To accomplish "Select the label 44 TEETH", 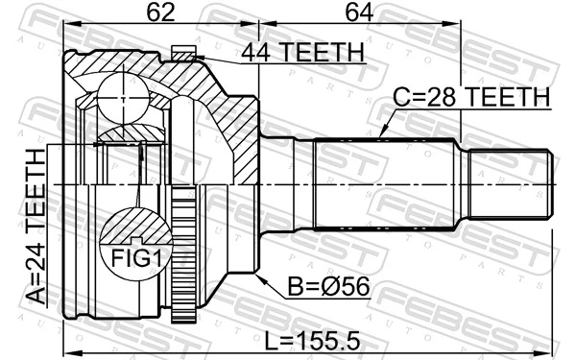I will coord(303,53).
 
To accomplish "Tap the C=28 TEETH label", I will coord(470,98).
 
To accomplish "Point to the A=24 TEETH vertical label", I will coord(32,228).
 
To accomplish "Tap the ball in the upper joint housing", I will coord(122,95).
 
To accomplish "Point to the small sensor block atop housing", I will coord(180,53).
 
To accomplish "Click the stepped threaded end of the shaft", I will coord(509,183).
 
